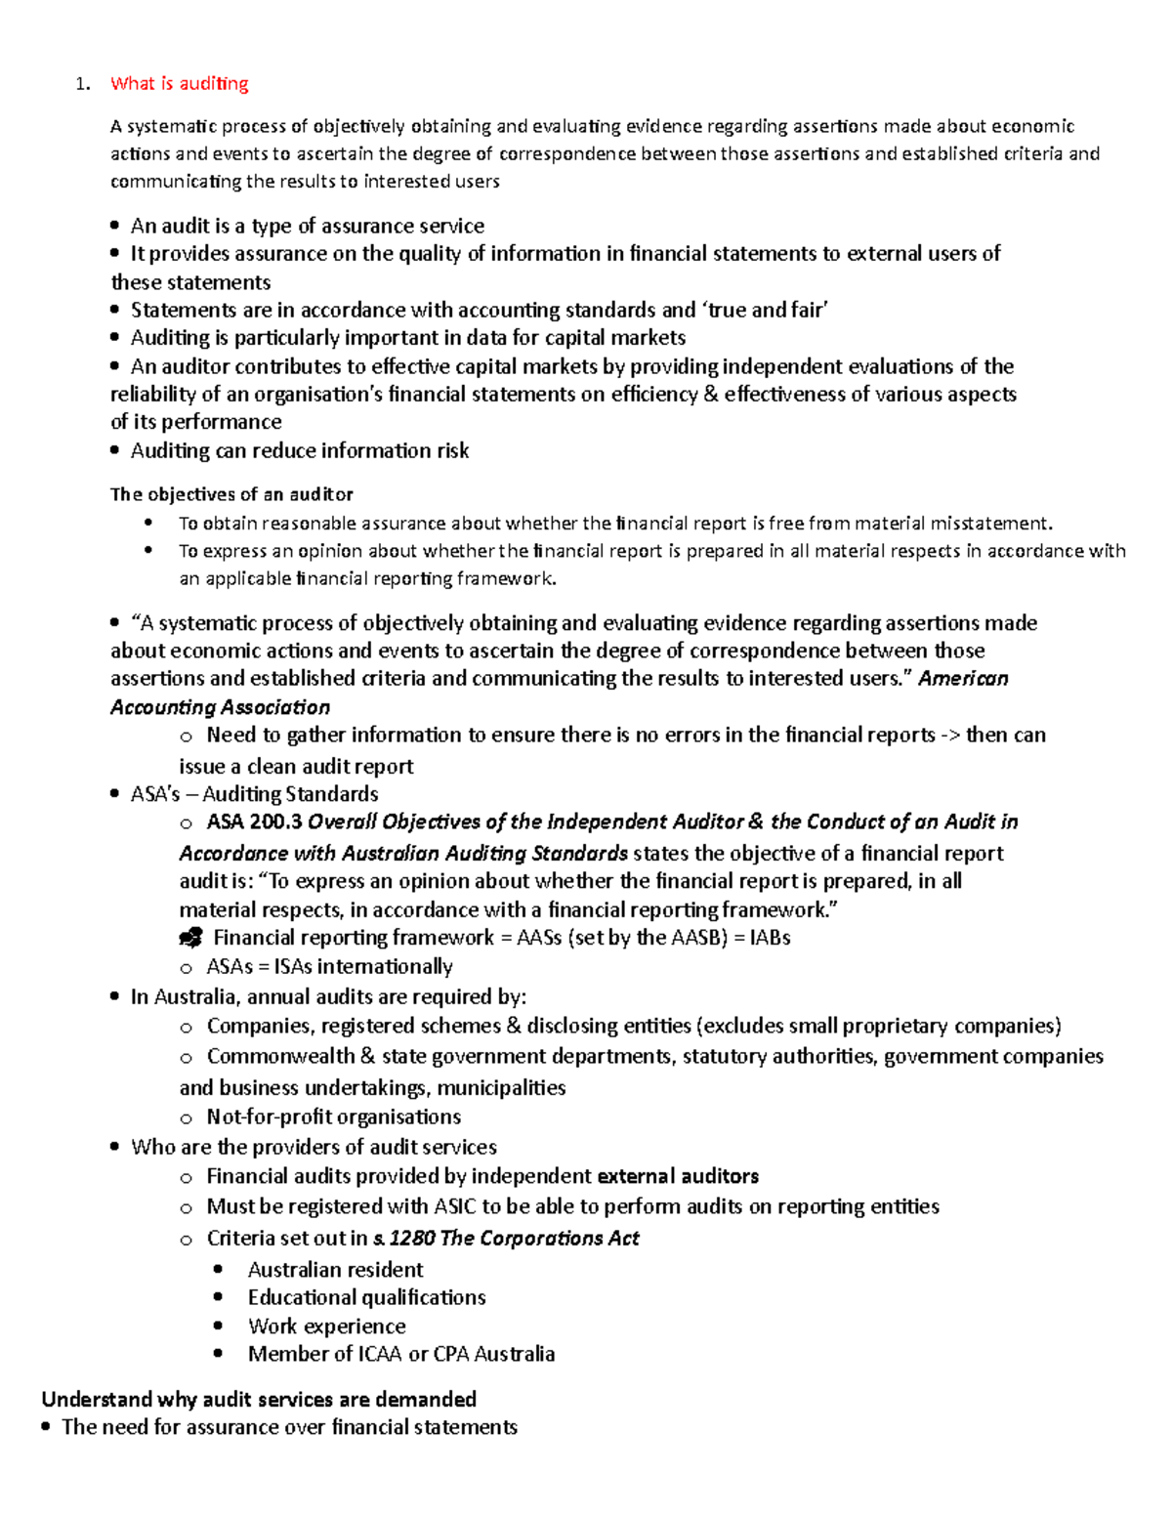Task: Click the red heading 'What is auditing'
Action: click(x=179, y=84)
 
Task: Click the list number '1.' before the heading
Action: click(x=83, y=84)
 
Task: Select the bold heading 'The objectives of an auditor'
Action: click(x=231, y=494)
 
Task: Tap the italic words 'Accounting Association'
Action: click(x=220, y=707)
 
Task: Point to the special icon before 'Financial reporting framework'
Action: click(x=190, y=939)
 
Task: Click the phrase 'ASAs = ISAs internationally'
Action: click(x=329, y=967)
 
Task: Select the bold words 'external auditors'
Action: click(x=678, y=1176)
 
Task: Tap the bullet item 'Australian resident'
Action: click(x=335, y=1270)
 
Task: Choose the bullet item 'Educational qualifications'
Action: click(x=366, y=1297)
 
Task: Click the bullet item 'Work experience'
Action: click(x=326, y=1327)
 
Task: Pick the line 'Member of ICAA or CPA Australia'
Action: click(x=400, y=1354)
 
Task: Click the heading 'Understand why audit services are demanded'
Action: click(x=259, y=1399)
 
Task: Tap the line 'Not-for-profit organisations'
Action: click(x=333, y=1117)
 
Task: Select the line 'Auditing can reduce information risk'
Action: click(x=299, y=450)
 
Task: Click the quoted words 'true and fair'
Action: click(x=765, y=311)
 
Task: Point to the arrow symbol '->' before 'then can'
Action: click(x=949, y=736)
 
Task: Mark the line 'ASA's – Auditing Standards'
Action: click(x=254, y=794)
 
